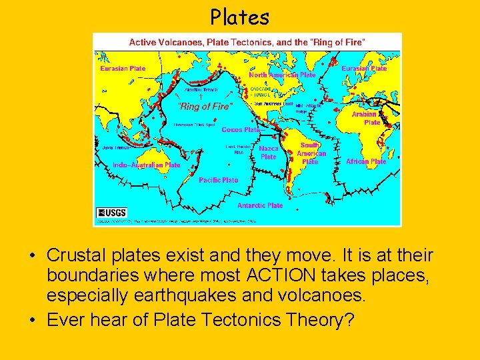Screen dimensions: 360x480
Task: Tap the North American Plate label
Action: pyautogui.click(x=282, y=75)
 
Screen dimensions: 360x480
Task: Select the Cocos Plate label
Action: pyautogui.click(x=241, y=130)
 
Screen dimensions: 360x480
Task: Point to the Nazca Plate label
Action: pyautogui.click(x=269, y=153)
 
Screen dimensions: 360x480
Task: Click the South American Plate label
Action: pyautogui.click(x=311, y=153)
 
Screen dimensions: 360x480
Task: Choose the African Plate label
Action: pyautogui.click(x=366, y=161)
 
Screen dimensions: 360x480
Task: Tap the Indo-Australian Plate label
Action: pyautogui.click(x=147, y=165)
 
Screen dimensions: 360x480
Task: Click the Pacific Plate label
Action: pyautogui.click(x=218, y=180)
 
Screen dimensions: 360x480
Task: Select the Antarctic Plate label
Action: pyautogui.click(x=260, y=205)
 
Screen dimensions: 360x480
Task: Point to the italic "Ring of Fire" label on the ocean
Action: pyautogui.click(x=206, y=106)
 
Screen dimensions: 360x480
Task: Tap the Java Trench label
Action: pyautogui.click(x=113, y=147)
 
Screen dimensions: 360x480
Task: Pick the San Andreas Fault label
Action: pyautogui.click(x=274, y=103)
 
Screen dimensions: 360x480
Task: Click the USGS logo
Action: pyautogui.click(x=111, y=212)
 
